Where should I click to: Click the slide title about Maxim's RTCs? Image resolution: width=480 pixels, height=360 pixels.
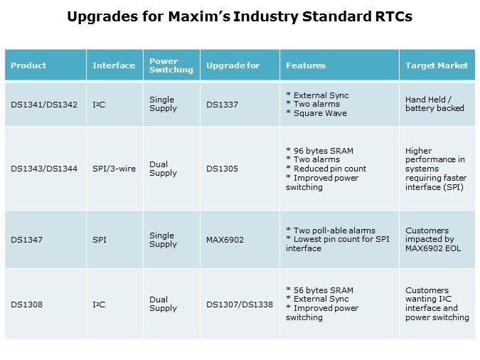[239, 16]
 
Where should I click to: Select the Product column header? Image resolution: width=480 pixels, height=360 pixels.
[28, 65]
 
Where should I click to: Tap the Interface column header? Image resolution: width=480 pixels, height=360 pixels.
[113, 65]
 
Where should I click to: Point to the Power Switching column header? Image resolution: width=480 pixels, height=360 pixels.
[171, 65]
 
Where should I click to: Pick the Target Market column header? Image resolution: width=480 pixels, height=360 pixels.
[436, 65]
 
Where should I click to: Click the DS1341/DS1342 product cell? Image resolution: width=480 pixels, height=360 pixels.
[44, 105]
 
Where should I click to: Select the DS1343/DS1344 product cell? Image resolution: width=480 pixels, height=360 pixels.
[44, 169]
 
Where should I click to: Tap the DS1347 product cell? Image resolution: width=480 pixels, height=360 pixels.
[27, 240]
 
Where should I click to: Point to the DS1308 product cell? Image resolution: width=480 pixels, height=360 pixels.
[27, 304]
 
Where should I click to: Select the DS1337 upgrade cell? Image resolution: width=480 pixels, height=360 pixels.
[222, 105]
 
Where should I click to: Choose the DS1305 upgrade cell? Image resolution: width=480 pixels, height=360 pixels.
[222, 169]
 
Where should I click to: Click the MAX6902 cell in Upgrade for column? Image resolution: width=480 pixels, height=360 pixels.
[225, 240]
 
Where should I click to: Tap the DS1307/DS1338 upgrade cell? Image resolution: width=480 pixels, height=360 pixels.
[239, 304]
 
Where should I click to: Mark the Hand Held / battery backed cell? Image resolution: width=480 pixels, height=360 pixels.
[434, 104]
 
